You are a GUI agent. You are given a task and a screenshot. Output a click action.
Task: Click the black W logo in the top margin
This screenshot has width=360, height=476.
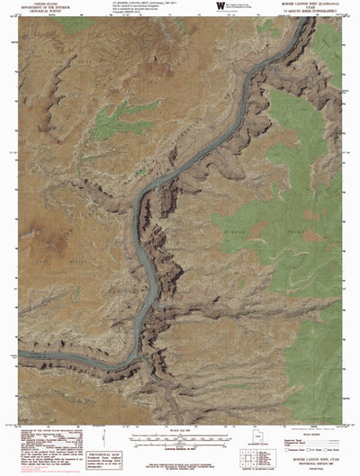[220, 6]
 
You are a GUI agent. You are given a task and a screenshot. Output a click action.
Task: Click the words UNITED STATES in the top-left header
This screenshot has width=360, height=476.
[43, 4]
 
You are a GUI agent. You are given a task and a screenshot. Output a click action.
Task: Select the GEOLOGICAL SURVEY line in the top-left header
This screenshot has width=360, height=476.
[43, 12]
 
